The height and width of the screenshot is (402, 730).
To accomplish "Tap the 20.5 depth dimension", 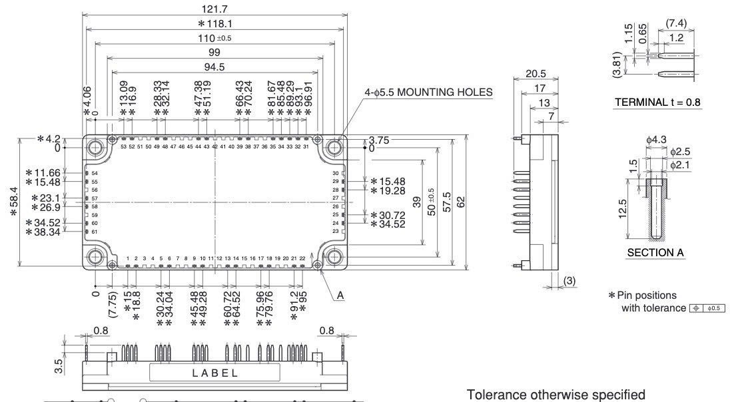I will (532, 72).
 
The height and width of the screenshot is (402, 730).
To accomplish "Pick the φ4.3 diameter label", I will (653, 140).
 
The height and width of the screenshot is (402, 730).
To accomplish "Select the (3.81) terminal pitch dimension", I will (617, 66).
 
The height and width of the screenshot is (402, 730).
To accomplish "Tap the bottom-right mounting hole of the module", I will (332, 256).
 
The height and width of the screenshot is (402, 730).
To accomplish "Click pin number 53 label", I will (123, 146).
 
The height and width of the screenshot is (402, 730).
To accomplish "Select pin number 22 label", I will (302, 258).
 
